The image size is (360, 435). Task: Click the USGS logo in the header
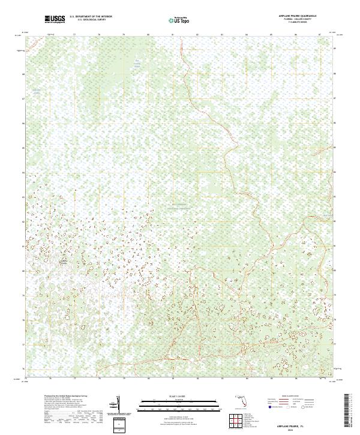[55, 19]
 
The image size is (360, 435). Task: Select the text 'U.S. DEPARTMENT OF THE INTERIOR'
[91, 17]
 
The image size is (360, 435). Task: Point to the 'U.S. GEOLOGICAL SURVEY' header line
[91, 20]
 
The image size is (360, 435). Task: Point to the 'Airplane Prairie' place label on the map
[63, 262]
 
